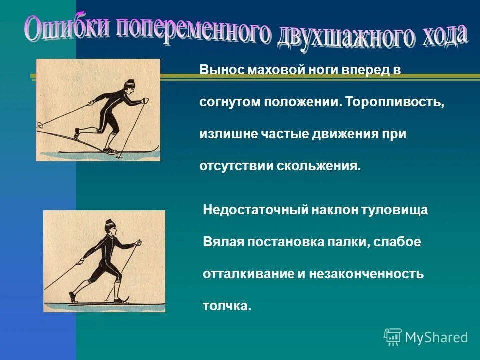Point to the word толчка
tap(226, 306)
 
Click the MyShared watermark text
tap(436, 337)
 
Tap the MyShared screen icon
tap(393, 337)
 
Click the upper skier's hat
tap(130, 83)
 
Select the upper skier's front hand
tap(145, 101)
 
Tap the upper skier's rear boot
tap(77, 133)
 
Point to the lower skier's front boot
tap(119, 300)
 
